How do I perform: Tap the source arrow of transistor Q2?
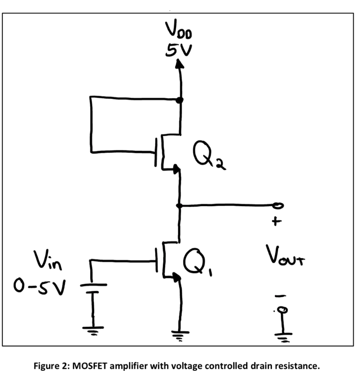(176, 169)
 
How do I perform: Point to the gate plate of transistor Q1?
(157, 260)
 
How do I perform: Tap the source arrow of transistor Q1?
(176, 277)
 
